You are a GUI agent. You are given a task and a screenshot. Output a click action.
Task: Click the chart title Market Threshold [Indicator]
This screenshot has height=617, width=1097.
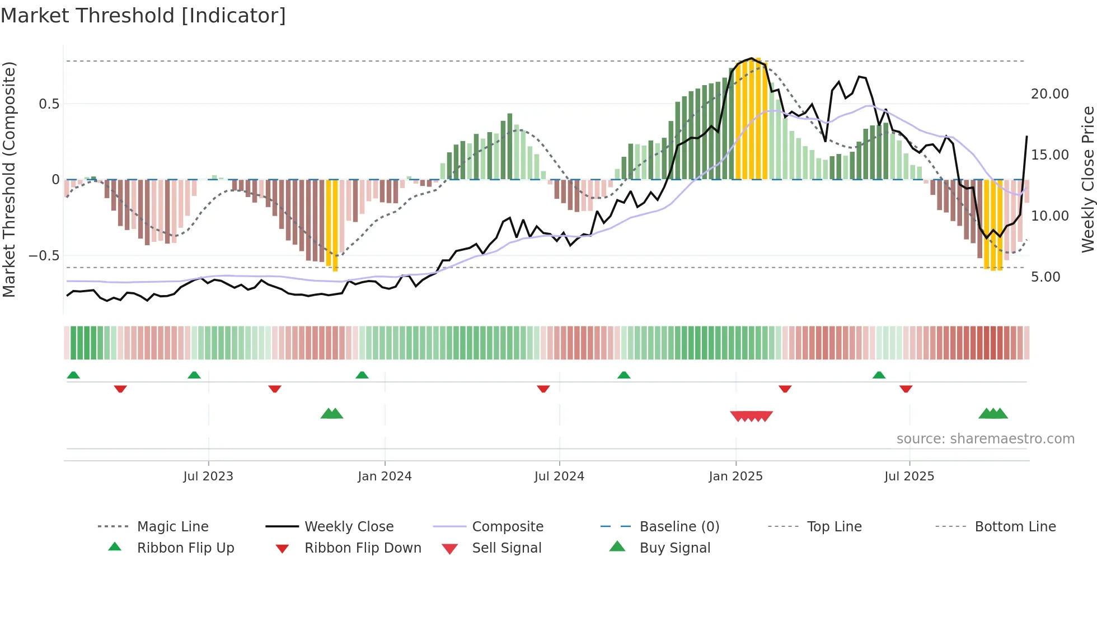(143, 16)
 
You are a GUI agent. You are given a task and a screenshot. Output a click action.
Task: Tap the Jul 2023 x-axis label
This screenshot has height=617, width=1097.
(208, 476)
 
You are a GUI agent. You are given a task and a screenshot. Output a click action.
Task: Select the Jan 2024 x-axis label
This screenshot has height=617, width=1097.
(385, 476)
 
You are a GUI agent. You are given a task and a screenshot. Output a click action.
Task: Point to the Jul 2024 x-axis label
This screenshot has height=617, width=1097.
(559, 476)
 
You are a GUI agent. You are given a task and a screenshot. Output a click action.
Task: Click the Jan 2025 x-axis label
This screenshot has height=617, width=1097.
(735, 476)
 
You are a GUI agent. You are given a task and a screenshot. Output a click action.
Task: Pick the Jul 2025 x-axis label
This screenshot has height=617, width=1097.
(910, 476)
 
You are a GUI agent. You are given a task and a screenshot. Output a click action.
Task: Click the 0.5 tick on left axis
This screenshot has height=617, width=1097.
(49, 104)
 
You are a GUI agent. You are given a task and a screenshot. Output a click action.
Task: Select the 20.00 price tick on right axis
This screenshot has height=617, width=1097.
(1050, 94)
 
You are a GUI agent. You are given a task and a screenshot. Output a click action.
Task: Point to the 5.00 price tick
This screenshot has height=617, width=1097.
(1046, 277)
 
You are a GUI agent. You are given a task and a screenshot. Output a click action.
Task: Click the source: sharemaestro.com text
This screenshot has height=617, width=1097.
(985, 439)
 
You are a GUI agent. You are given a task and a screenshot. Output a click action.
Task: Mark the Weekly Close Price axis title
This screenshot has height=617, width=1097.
(1087, 179)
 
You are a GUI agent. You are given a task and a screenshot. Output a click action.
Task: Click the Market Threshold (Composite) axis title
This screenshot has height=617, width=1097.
(9, 179)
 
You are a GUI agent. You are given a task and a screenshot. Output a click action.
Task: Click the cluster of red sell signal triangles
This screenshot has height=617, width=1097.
(751, 416)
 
